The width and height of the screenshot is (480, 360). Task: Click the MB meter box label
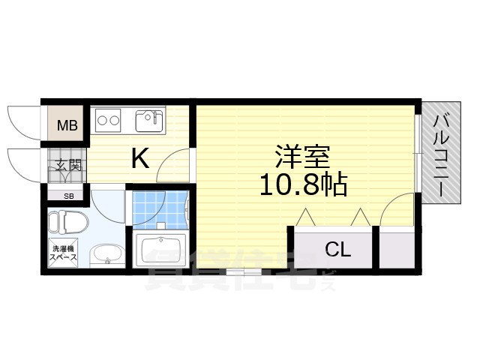(68, 125)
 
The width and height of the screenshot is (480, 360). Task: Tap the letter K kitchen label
(140, 157)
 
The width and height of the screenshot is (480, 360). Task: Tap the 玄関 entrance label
(67, 166)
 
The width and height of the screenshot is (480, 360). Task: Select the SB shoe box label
(68, 196)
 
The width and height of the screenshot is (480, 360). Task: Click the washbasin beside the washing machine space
(108, 255)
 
